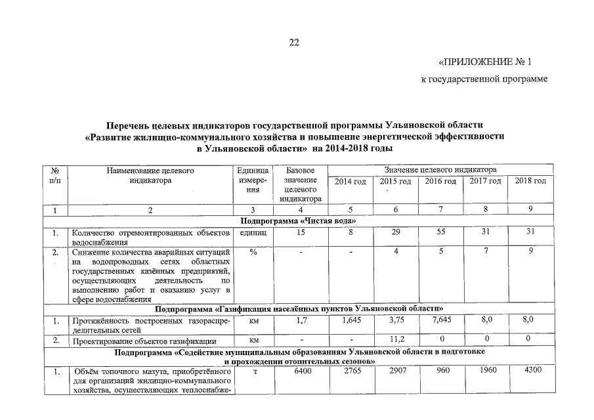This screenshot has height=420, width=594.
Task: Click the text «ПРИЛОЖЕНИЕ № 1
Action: (x=484, y=62)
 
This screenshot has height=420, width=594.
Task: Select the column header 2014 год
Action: (x=350, y=181)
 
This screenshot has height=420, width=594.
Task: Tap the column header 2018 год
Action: (x=530, y=180)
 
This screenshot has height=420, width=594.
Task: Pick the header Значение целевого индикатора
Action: (x=440, y=170)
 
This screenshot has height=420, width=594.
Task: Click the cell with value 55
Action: (x=441, y=232)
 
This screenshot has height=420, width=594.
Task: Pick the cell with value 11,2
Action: (x=395, y=339)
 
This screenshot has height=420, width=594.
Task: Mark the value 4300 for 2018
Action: (x=530, y=372)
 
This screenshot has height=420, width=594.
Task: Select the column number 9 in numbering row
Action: (x=530, y=209)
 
